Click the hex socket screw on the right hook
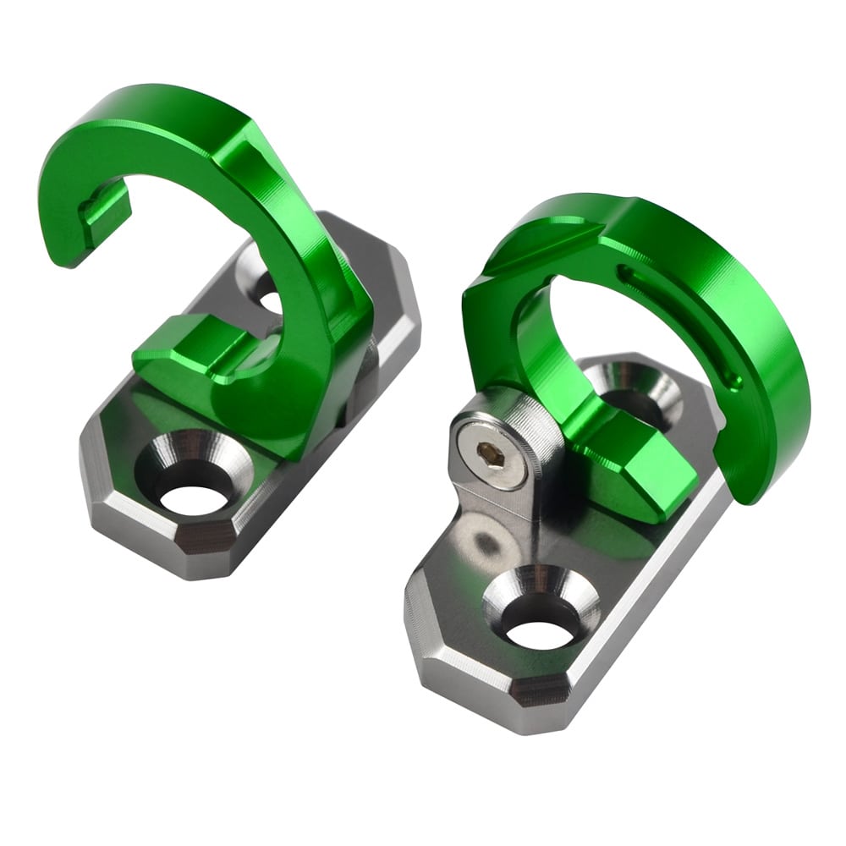pos(487,456)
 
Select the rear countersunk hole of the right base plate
pos(640,391)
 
